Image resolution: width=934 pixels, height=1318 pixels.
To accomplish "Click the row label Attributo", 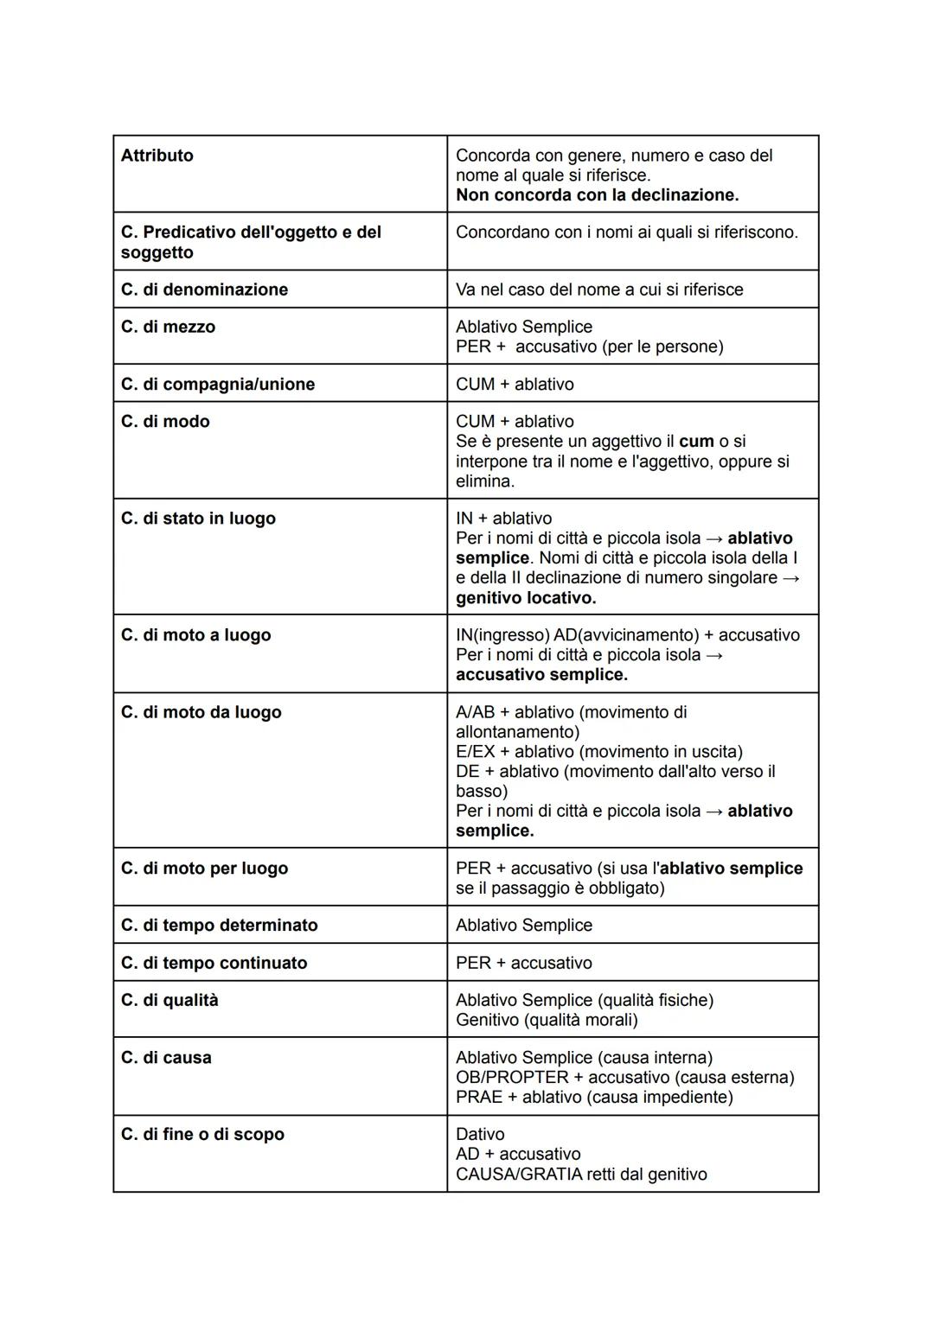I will pos(157,156).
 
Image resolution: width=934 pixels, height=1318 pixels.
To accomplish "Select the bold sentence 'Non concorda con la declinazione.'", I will pos(597,195).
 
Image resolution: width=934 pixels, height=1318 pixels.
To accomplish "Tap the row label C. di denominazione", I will pos(204,290).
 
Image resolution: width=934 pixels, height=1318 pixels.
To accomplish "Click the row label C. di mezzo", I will pos(168,327).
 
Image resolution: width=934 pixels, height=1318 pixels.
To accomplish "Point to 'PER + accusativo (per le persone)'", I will pos(589,347).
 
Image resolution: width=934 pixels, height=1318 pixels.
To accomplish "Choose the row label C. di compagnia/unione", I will pos(217,384).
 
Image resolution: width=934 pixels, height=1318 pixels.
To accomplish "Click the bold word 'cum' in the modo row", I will pos(696,442).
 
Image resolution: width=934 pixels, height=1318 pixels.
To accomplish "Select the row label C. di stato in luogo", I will pos(198,519).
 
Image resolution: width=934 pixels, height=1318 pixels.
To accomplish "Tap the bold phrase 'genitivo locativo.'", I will pos(526,598).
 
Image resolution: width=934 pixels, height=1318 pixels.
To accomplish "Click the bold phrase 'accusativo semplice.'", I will pos(541,675).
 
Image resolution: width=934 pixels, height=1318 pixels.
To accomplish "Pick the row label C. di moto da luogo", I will pos(201,712).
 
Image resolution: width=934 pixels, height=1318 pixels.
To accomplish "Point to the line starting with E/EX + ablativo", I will pos(598,752).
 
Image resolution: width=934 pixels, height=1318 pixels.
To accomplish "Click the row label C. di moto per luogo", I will pos(204,869).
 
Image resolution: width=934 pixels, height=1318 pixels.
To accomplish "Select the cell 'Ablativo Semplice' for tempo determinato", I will pos(523,926).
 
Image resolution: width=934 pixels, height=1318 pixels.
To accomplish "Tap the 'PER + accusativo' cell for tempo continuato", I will pos(523,963).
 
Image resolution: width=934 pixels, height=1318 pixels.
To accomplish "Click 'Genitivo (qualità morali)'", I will pos(546,1020).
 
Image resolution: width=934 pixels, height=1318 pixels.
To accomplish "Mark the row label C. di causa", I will pos(166,1058).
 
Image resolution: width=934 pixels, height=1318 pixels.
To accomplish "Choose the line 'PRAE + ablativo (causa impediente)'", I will pos(593,1098).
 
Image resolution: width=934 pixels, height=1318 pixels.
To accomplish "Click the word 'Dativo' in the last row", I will pos(479,1134).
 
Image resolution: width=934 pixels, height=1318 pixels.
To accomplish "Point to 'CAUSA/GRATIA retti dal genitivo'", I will pos(580,1175).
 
